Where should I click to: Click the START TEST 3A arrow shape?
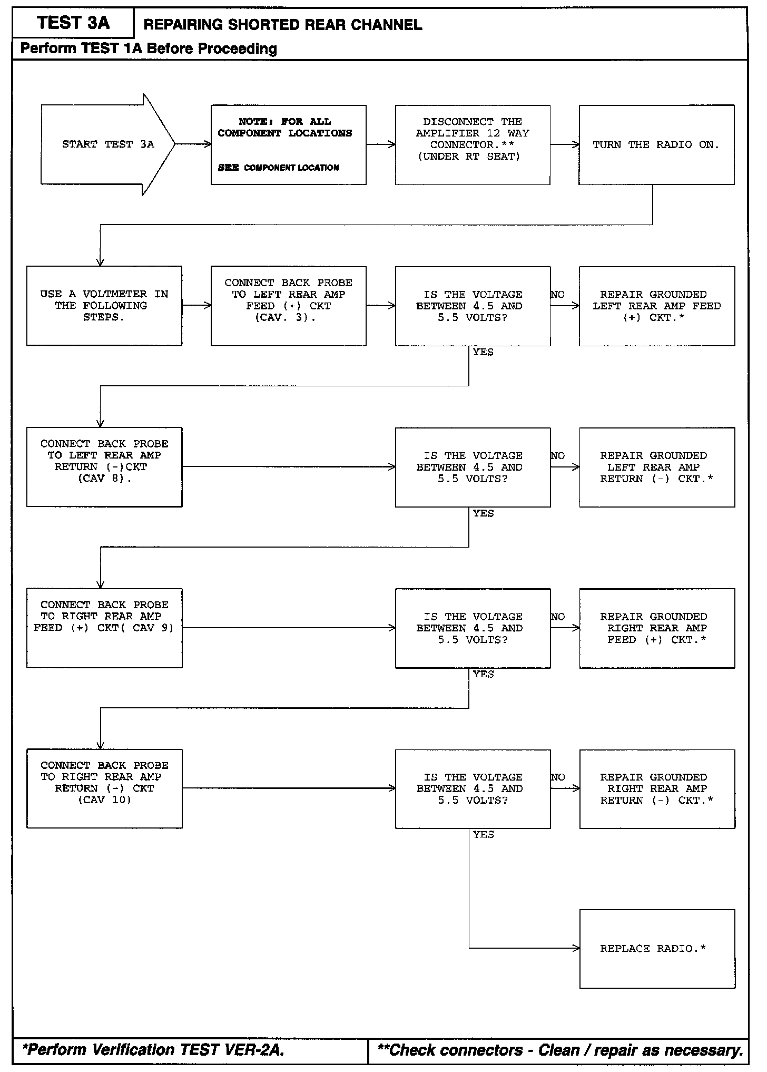107,144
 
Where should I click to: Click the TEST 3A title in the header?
73,23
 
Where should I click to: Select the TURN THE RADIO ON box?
656,145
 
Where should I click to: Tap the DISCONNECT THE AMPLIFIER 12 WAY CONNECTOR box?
473,145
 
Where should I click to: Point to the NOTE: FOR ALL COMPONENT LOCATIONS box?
288,145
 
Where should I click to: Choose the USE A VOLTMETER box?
104,306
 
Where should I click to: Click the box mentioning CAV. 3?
288,306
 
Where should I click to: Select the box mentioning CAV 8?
104,467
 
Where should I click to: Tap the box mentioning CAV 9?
104,628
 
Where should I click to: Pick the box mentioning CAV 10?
104,788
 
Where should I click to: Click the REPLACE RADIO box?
657,949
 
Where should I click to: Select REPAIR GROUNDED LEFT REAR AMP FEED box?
657,306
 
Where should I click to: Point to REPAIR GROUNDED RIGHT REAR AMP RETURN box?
657,788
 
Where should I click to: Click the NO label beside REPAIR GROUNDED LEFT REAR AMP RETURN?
558,456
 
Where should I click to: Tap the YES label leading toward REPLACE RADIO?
483,835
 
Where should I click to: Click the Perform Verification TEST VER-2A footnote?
153,1050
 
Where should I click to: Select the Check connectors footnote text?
560,1050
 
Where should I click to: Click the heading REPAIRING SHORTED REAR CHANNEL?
283,25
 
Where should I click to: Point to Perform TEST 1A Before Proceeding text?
149,49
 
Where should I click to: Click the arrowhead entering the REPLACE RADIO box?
577,949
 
